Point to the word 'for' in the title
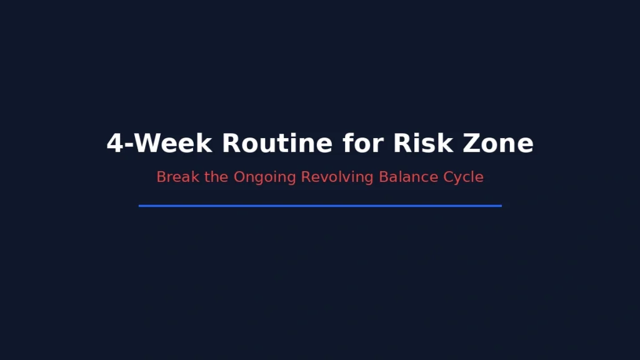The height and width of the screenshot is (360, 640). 362,143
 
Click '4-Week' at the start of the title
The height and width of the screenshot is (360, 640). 159,143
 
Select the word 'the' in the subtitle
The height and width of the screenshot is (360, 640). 217,177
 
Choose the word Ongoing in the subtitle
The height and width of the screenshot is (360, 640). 264,177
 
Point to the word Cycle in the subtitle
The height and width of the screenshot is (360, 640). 463,177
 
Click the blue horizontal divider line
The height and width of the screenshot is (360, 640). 320,205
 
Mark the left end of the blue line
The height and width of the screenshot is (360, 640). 140,205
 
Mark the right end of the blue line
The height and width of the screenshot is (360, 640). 500,205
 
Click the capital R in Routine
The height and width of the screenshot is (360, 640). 231,143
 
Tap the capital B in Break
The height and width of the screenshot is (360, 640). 161,177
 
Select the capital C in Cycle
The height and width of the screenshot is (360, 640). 447,177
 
